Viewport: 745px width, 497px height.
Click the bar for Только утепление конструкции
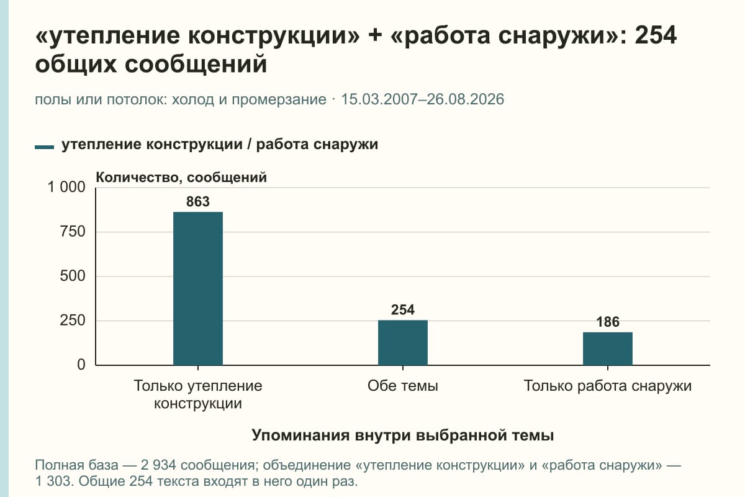[x=198, y=288]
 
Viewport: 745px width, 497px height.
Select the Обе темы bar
[x=403, y=342]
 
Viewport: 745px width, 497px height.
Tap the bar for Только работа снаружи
[x=608, y=349]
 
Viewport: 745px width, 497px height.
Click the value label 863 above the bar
[x=198, y=202]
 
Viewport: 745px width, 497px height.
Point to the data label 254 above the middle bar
[x=403, y=310]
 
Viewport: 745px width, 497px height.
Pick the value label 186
[x=608, y=322]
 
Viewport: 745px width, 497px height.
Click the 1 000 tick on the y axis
[x=66, y=187]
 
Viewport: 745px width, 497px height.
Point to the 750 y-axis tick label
[x=73, y=232]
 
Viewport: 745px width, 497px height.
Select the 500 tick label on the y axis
[x=73, y=276]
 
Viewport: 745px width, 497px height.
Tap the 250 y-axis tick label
[x=73, y=321]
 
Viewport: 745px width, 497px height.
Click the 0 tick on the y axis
[x=81, y=365]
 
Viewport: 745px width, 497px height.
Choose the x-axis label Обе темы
[x=403, y=386]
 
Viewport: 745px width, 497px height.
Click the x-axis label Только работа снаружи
[x=608, y=386]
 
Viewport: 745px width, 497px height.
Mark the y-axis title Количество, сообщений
[x=181, y=178]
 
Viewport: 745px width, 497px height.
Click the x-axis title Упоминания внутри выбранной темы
[x=403, y=435]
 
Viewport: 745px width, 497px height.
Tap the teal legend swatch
[x=44, y=147]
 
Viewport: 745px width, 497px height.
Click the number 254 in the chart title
[x=656, y=35]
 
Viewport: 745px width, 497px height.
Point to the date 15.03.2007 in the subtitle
[x=379, y=99]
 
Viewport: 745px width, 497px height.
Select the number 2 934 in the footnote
[x=158, y=465]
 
